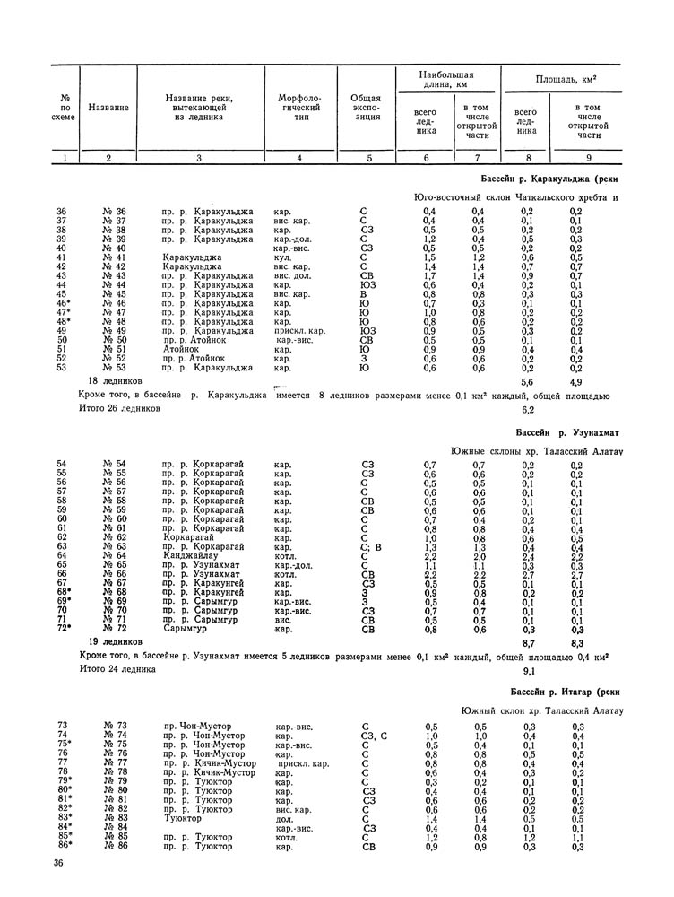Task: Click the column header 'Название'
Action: (x=108, y=109)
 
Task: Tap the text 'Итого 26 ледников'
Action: (x=119, y=407)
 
